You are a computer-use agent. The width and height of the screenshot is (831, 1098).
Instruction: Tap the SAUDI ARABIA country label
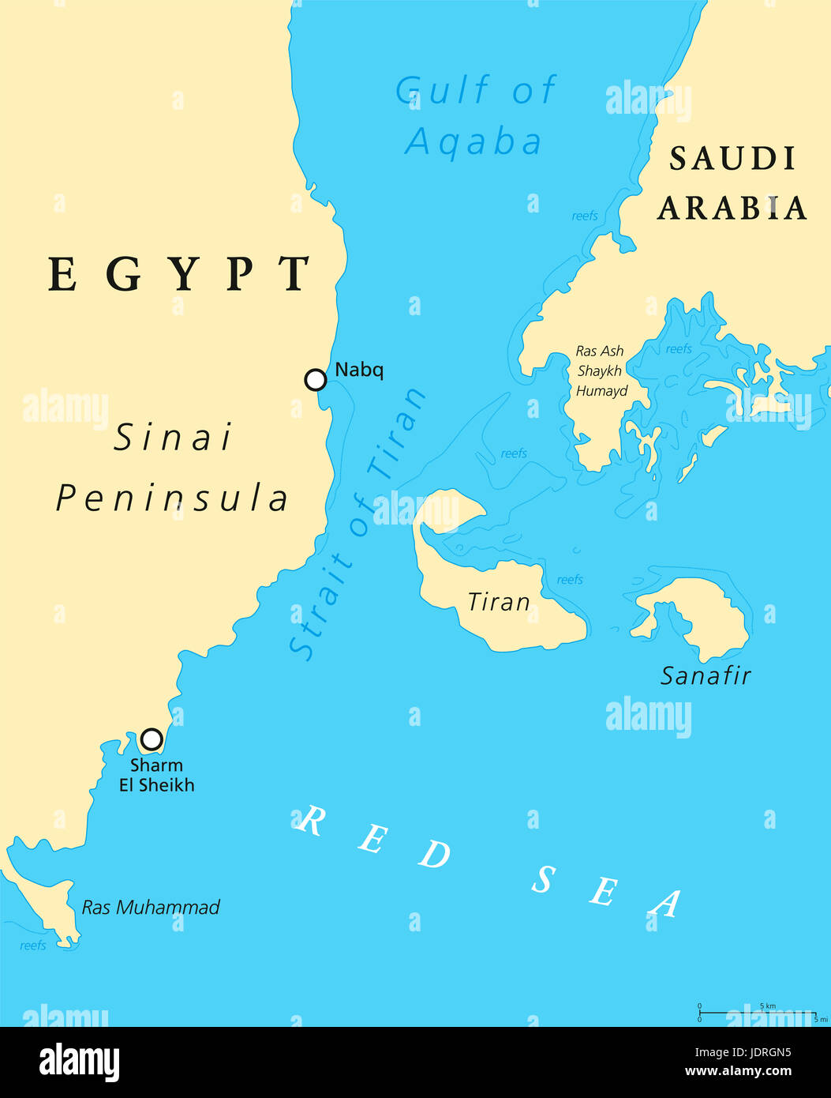[732, 183]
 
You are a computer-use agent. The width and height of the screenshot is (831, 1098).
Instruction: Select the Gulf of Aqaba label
[476, 116]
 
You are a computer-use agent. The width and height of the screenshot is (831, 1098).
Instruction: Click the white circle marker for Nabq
[316, 380]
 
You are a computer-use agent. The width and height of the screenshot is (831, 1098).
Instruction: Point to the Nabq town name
[359, 370]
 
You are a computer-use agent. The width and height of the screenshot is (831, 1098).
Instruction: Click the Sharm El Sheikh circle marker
[152, 739]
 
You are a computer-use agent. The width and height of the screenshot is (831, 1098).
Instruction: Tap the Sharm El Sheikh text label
[156, 775]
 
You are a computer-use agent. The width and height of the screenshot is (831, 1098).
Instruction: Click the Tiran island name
[499, 603]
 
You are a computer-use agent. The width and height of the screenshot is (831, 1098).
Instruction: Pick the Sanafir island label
[706, 676]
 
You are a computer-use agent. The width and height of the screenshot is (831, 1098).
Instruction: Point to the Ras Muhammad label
[151, 908]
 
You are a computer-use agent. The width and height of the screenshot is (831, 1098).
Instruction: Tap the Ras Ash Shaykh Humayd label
[601, 370]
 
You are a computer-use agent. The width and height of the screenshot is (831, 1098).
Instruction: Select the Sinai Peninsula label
[173, 468]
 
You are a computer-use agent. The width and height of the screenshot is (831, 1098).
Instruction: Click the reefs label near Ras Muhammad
[33, 946]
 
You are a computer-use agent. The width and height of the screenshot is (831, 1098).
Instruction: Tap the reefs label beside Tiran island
[570, 580]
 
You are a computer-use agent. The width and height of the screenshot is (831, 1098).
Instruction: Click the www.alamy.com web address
[738, 1072]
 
